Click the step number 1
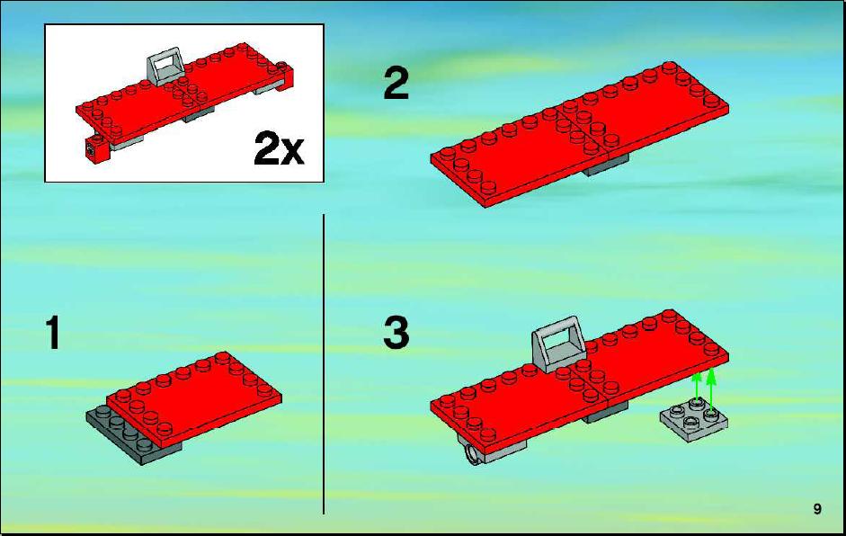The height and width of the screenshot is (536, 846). [53, 333]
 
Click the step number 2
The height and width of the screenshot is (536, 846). [396, 83]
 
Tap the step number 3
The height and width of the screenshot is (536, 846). [396, 333]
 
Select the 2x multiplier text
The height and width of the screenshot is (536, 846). [279, 149]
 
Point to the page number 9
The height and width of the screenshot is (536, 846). [817, 508]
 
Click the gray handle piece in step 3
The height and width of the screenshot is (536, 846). [557, 343]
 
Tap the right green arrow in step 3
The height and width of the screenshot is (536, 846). [711, 388]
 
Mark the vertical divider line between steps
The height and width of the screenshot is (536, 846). [324, 364]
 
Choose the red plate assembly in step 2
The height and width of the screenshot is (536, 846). [580, 134]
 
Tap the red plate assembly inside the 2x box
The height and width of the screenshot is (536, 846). [184, 96]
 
